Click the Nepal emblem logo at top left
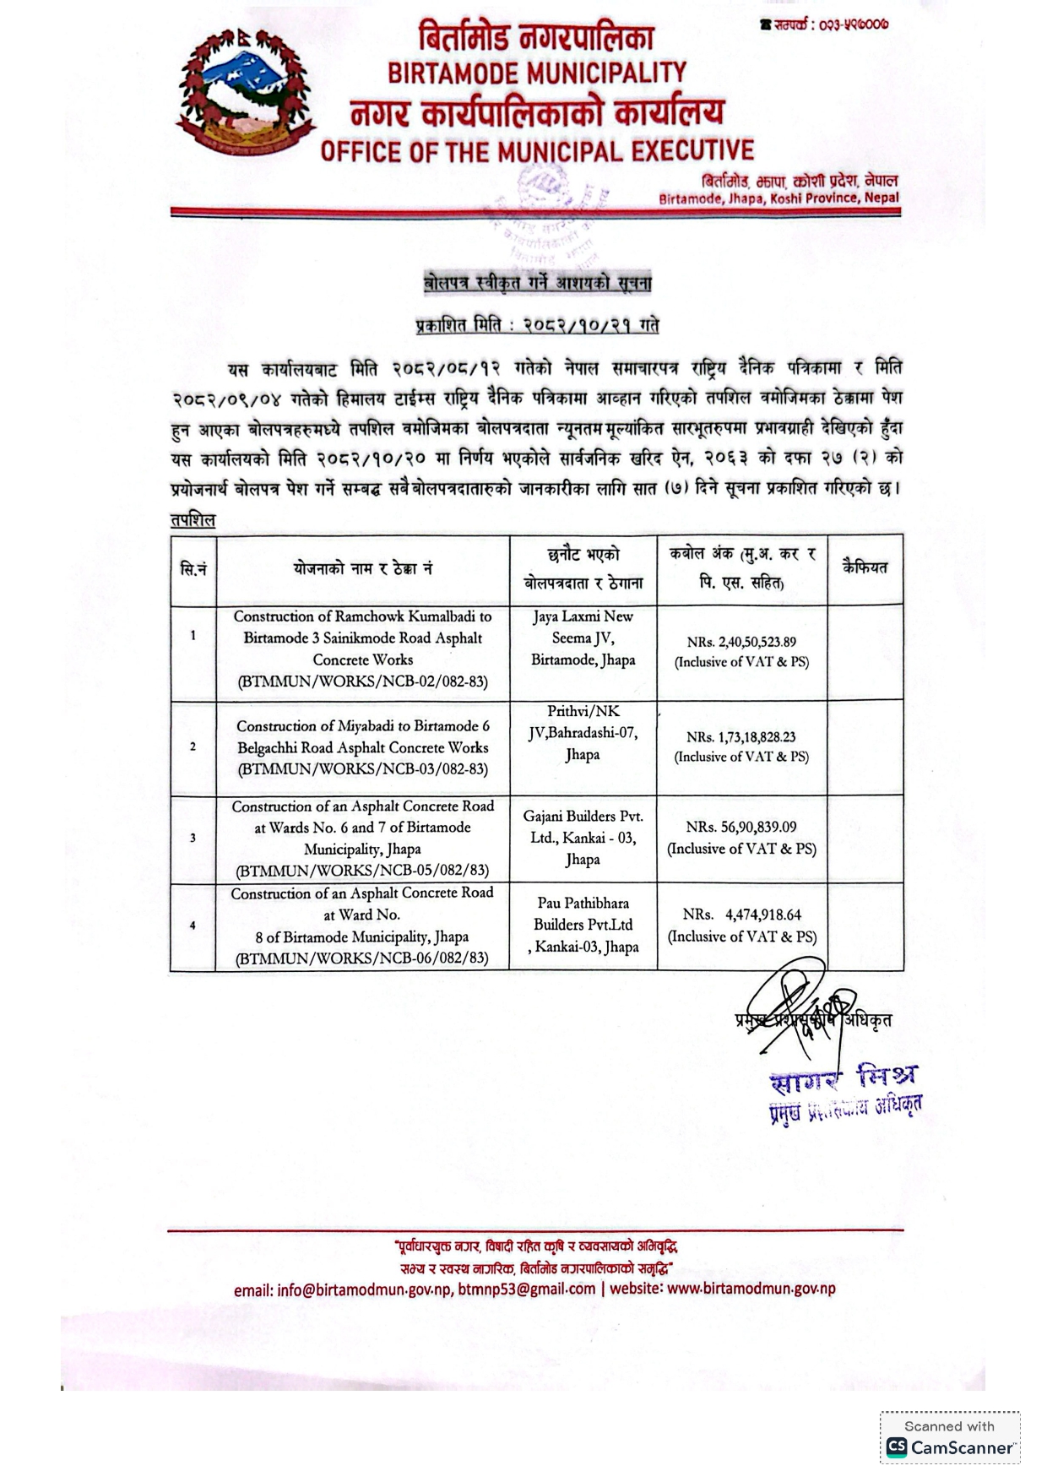[245, 93]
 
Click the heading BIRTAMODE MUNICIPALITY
[537, 73]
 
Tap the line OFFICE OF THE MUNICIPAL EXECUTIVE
[537, 151]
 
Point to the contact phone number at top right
[825, 24]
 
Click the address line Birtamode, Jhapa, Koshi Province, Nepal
[778, 198]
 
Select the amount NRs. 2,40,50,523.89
[741, 642]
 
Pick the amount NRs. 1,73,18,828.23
[741, 737]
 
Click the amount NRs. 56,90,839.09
[741, 828]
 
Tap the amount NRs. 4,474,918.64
[741, 915]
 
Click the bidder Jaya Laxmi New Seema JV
[583, 627]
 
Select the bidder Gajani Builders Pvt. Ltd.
[583, 827]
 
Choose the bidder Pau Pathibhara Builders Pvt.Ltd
[583, 914]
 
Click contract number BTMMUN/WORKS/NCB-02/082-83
[363, 681]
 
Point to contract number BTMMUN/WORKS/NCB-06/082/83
[363, 958]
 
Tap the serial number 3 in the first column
[193, 838]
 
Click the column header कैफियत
[865, 567]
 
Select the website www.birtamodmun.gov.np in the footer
[751, 1289]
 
